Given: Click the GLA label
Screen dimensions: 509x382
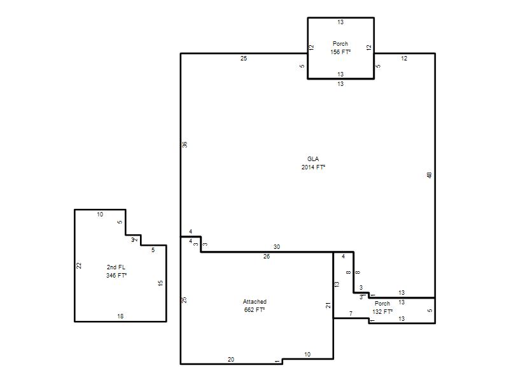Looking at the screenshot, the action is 313,159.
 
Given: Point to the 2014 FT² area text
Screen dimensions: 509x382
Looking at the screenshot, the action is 313,167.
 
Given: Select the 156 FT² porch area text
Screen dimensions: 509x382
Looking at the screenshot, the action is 340,52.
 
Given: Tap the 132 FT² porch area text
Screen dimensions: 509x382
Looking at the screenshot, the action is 382,311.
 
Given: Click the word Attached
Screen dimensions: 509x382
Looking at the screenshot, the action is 255,301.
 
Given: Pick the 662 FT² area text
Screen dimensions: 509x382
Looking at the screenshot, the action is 254,310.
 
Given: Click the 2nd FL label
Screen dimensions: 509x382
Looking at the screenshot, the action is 116,267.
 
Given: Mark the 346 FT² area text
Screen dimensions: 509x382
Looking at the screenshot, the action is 116,276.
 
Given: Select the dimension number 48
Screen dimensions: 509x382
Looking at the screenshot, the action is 429,175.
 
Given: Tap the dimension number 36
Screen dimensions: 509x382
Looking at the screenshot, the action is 185,145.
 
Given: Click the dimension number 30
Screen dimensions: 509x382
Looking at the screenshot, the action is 277,247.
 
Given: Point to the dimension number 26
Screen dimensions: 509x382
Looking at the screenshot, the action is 267,257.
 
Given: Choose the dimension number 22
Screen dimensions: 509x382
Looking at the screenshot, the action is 78,265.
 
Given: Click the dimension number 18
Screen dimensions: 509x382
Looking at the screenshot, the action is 120,316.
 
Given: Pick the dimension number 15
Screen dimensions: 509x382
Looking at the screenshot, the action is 160,283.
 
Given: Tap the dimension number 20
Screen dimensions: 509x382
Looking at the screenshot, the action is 231,359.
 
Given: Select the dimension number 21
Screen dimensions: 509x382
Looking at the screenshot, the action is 328,306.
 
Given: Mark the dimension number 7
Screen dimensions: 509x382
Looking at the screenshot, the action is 351,313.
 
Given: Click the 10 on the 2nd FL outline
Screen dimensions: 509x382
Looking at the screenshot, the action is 100,215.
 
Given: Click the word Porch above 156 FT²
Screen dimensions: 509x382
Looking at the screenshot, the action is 340,43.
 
